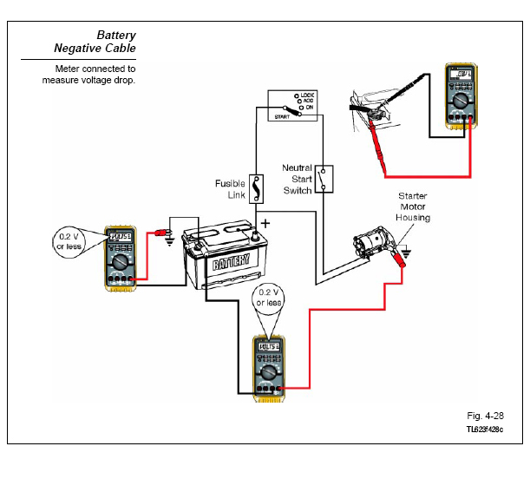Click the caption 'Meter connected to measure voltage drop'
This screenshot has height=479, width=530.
(x=89, y=74)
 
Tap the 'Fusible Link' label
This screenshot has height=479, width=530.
(x=230, y=189)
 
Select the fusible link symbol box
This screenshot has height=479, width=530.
(x=258, y=187)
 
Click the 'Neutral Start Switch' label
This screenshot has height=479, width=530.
(x=298, y=179)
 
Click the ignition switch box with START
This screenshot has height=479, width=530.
(x=292, y=106)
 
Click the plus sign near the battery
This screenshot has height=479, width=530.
(x=265, y=223)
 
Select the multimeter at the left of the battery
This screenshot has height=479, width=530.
(x=121, y=259)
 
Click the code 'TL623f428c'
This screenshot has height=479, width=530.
(x=484, y=430)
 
